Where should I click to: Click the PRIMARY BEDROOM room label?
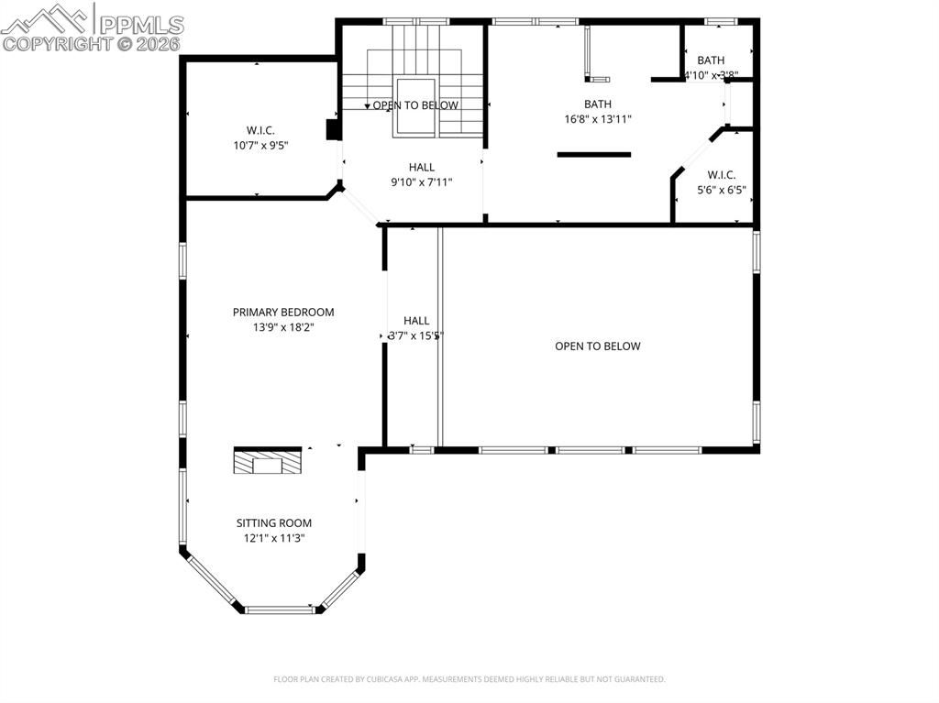[283, 312]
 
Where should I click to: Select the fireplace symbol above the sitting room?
[267, 461]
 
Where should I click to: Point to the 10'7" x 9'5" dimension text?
[260, 145]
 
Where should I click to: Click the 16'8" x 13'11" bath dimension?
[598, 118]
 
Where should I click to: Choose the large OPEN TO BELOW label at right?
[597, 346]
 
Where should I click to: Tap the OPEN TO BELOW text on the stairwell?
[414, 105]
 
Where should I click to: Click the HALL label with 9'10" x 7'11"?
[422, 167]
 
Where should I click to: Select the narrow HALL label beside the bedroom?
[416, 321]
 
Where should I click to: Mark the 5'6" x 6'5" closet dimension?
[721, 191]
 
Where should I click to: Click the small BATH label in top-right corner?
[711, 60]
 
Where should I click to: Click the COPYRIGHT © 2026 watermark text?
[92, 43]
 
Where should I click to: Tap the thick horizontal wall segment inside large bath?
[594, 154]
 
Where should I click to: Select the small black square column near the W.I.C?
[334, 129]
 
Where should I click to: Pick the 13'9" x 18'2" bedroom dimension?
[283, 327]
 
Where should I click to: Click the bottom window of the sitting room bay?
[280, 609]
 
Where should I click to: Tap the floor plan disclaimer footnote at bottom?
[469, 679]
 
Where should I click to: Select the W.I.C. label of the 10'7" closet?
[260, 130]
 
